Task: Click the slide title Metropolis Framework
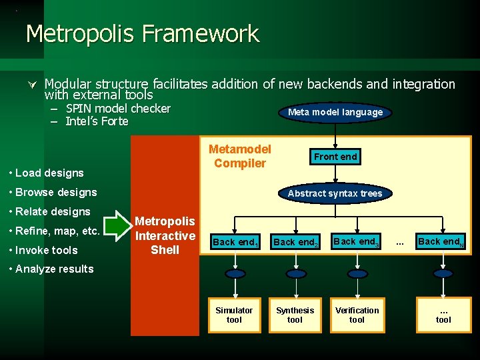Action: (x=142, y=33)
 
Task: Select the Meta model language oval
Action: (x=335, y=112)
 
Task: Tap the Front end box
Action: (x=335, y=157)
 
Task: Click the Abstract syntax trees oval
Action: (x=335, y=193)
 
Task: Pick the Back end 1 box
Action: (x=235, y=242)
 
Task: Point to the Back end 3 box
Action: (x=356, y=241)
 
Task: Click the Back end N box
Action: (x=440, y=241)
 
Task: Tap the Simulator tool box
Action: (x=234, y=315)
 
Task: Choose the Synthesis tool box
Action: (x=295, y=315)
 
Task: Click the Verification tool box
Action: (x=357, y=315)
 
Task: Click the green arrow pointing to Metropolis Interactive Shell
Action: (x=120, y=227)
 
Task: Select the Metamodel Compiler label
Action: (x=240, y=157)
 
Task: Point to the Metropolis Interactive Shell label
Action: (x=165, y=235)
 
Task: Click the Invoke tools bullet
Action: (x=45, y=250)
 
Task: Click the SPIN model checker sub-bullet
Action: (x=118, y=109)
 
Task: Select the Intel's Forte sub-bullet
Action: (x=97, y=121)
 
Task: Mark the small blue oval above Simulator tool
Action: (x=234, y=274)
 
